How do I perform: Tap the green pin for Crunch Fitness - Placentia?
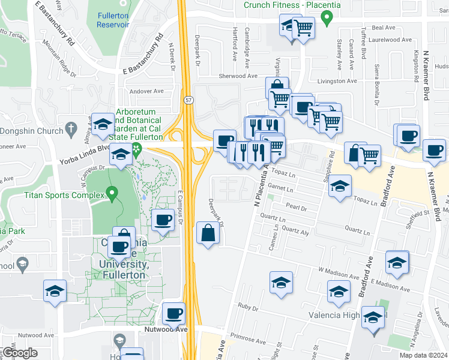327,18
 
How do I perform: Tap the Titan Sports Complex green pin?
111,194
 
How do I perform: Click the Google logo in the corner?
19,353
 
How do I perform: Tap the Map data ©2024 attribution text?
424,355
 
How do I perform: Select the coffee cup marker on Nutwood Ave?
174,313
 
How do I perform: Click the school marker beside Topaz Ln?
340,185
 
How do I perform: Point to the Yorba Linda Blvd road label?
85,153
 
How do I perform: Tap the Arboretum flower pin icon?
137,149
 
